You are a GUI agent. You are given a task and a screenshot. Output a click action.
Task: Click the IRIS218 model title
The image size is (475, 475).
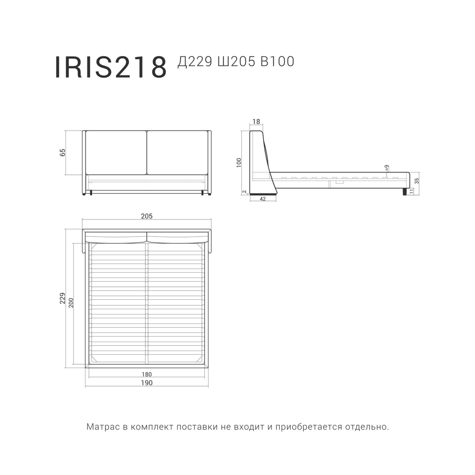click(111, 67)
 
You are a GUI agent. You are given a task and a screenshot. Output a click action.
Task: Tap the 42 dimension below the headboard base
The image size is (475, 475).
click(262, 199)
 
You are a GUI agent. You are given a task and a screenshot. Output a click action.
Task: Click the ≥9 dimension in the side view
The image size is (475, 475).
click(387, 168)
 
